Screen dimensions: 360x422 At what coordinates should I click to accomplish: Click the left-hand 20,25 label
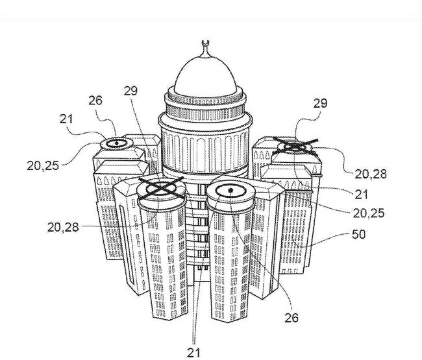click(43, 165)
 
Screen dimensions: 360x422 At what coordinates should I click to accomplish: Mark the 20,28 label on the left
click(63, 226)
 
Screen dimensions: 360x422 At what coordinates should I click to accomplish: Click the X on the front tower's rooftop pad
click(161, 188)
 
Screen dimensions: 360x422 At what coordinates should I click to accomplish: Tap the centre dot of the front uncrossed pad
click(230, 190)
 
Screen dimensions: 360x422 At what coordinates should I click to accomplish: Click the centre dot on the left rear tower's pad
click(116, 143)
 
